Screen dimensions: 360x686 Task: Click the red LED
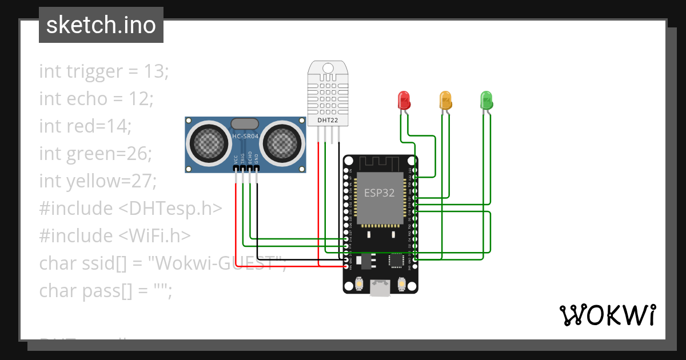[404, 100]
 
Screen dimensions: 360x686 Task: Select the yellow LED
[445, 100]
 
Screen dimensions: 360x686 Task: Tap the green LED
[486, 100]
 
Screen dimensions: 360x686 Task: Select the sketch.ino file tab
[101, 25]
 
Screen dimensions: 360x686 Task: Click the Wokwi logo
[607, 315]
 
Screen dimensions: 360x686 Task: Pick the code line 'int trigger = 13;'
[104, 71]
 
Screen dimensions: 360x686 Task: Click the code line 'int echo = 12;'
[96, 99]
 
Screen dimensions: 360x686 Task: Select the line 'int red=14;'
[85, 126]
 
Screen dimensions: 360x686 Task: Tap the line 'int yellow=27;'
[98, 181]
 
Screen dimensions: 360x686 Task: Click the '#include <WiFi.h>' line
[115, 235]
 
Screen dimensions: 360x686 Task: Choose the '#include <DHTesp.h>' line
[130, 208]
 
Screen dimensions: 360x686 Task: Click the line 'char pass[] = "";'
[105, 290]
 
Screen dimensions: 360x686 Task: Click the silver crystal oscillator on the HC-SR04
[245, 123]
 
